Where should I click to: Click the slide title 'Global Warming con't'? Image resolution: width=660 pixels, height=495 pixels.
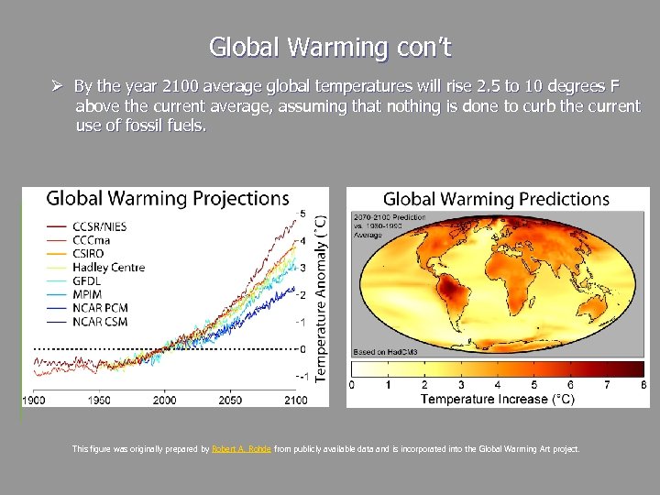tap(330, 46)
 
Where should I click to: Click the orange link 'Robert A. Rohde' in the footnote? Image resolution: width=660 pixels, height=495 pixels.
tap(241, 449)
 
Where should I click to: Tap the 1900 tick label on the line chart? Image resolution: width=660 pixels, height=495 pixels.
tap(34, 401)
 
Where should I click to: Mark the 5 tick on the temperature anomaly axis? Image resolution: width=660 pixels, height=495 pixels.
tap(303, 213)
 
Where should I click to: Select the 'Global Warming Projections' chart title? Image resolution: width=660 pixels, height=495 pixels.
tap(168, 198)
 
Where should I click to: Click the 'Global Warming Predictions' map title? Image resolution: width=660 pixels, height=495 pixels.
tap(496, 199)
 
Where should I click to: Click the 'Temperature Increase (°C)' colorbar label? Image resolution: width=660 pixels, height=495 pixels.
tap(498, 399)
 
